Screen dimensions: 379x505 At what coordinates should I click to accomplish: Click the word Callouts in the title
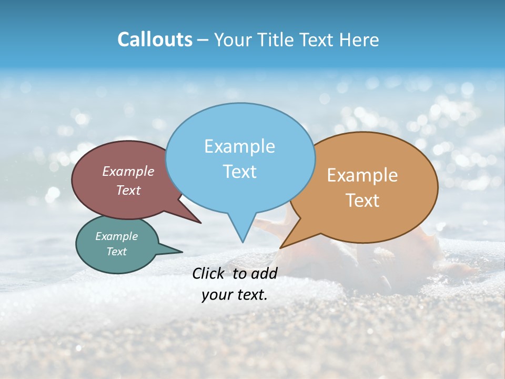tap(155, 39)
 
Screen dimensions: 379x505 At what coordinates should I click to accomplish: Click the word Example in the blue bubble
tap(239, 146)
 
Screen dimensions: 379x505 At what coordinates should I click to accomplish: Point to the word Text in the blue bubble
tap(239, 172)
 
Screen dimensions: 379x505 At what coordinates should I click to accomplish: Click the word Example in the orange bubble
tap(362, 175)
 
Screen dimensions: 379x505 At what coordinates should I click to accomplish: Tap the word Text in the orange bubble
tap(362, 201)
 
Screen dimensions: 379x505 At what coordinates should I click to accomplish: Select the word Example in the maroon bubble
tap(128, 172)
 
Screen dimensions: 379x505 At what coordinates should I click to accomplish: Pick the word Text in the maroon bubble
tap(128, 191)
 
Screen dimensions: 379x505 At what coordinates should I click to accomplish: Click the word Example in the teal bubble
tap(117, 236)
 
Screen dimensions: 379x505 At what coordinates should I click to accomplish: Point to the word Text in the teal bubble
tap(117, 252)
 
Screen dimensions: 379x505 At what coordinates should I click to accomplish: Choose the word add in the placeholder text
tap(264, 273)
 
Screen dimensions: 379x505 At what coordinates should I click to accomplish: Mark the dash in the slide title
tap(204, 40)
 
